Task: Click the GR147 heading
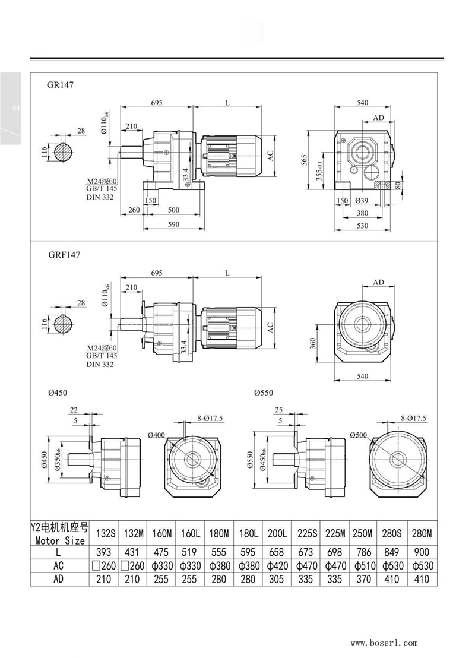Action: pyautogui.click(x=60, y=85)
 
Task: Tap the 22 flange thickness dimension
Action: pyautogui.click(x=74, y=410)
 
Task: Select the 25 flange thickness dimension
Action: pyautogui.click(x=279, y=410)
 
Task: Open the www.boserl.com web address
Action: pyautogui.click(x=384, y=643)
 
